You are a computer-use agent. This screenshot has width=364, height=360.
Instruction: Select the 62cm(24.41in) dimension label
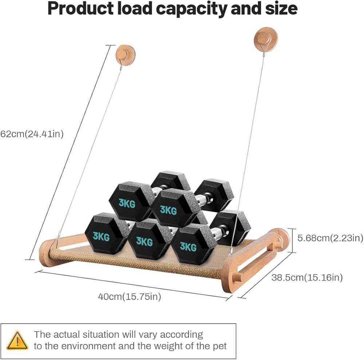32,134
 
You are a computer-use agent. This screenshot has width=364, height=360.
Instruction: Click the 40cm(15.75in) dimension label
130,297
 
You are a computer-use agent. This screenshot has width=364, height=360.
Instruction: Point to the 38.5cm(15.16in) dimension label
307,278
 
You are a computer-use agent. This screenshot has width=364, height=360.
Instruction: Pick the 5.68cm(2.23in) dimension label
331,238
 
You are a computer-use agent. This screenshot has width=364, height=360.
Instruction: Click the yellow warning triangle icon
17,340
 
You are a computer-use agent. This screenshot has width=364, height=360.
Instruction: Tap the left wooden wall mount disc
125,55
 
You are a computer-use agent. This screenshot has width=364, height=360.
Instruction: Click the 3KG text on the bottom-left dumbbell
101,236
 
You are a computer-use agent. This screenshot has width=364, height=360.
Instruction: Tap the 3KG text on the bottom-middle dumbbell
145,241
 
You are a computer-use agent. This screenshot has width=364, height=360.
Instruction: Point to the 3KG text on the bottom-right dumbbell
188,247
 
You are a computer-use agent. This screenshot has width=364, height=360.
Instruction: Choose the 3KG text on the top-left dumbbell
127,203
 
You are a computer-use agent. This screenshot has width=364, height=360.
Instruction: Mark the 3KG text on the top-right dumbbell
168,210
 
